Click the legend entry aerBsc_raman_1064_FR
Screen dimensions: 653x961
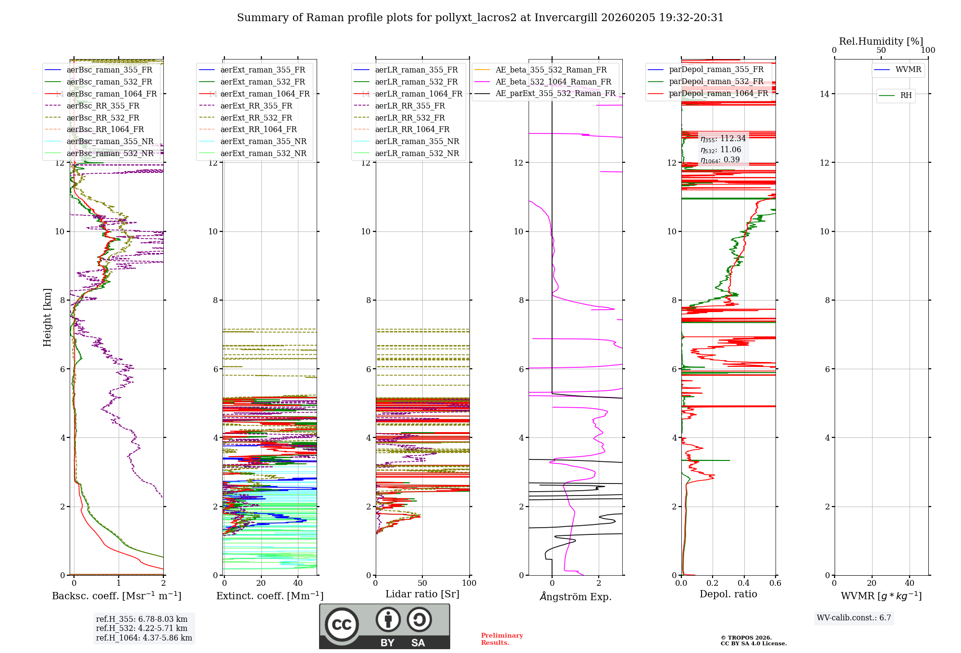111,94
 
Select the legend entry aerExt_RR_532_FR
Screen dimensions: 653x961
256,118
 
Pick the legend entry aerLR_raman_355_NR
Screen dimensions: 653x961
417,141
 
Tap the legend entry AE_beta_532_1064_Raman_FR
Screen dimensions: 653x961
553,82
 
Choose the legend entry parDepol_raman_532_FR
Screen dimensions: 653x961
716,82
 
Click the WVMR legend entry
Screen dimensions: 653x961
908,70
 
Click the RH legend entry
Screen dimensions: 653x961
906,96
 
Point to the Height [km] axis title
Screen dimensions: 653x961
47,317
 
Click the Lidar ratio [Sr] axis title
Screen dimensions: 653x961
422,594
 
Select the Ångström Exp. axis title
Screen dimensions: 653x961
575,596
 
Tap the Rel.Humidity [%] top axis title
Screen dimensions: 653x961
881,41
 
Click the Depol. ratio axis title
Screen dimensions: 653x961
728,594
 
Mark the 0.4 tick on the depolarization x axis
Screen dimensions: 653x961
744,583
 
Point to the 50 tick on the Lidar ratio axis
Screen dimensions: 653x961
422,583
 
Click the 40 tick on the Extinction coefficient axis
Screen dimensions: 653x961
298,583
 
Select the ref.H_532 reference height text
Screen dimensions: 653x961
142,628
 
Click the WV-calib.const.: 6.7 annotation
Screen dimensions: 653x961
854,617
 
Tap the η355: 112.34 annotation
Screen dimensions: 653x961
723,139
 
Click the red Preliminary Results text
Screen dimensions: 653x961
502,639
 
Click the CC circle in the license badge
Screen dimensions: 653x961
342,624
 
